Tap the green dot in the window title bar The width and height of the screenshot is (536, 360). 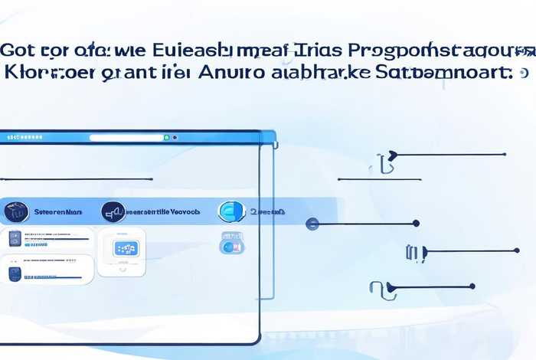(166, 138)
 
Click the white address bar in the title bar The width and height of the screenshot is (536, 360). (126, 138)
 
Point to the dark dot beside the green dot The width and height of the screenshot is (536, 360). (175, 138)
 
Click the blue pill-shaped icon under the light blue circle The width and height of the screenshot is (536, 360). (231, 243)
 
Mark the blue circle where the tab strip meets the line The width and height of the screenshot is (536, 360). (312, 224)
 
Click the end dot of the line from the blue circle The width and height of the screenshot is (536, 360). (416, 224)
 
